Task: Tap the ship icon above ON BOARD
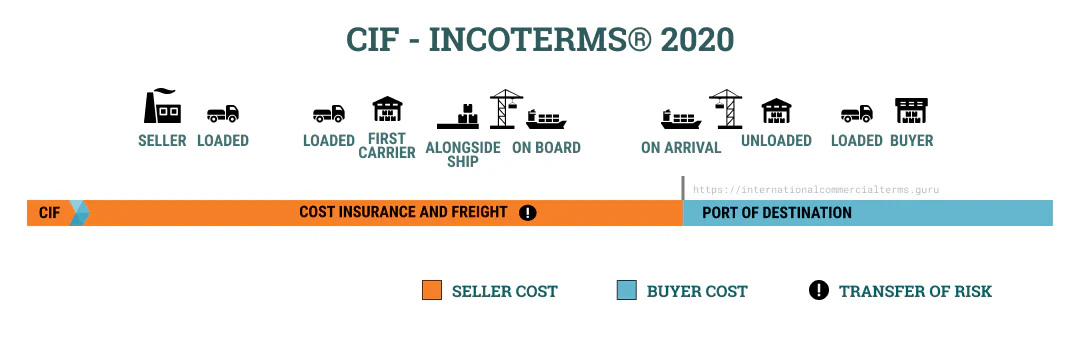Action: tap(546, 119)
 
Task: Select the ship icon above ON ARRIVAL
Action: tap(681, 119)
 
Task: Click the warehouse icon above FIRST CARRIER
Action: tap(386, 111)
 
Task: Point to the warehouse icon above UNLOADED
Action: tap(776, 112)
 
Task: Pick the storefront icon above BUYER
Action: tap(911, 111)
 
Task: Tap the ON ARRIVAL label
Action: tap(681, 148)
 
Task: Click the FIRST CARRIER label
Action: tap(386, 146)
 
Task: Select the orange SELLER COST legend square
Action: tap(432, 291)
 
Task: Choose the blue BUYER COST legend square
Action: tap(627, 291)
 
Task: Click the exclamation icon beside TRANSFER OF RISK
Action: tap(819, 291)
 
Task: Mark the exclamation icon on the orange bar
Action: tap(528, 212)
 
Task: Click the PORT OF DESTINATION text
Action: tap(777, 213)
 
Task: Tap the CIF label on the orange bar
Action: tap(50, 213)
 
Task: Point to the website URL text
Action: tap(816, 189)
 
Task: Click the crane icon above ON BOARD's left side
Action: tap(506, 109)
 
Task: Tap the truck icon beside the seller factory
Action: tap(223, 115)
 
